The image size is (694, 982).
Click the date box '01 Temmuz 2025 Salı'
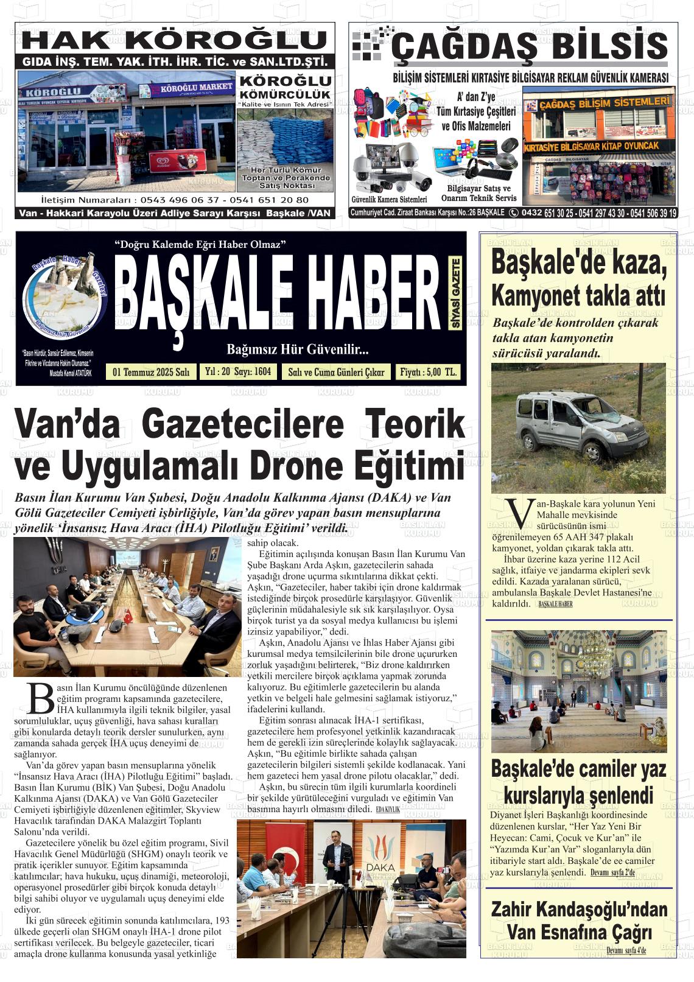click(151, 372)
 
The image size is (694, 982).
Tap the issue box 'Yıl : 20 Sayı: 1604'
click(238, 371)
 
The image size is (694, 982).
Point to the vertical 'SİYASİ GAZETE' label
click(455, 294)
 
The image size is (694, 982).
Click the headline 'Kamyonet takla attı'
click(578, 296)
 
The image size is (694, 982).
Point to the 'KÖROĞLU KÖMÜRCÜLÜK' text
click(285, 86)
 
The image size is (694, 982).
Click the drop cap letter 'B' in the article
click(41, 698)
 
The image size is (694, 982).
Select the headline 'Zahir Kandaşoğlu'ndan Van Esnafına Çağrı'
click(578, 921)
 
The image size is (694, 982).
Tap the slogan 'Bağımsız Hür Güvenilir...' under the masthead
click(298, 349)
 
